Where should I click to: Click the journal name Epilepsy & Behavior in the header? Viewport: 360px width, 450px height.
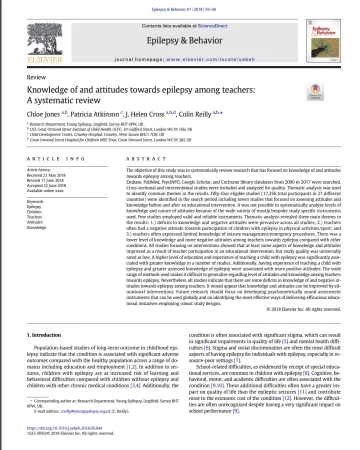coord(180,33)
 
